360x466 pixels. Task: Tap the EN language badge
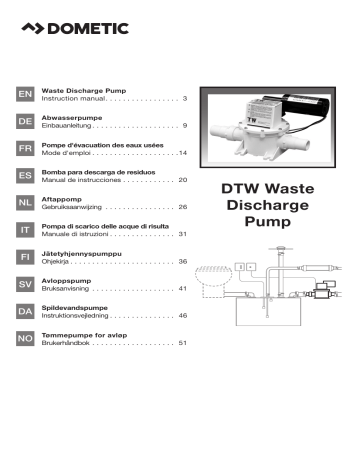25,94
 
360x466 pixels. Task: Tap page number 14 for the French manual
182,153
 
